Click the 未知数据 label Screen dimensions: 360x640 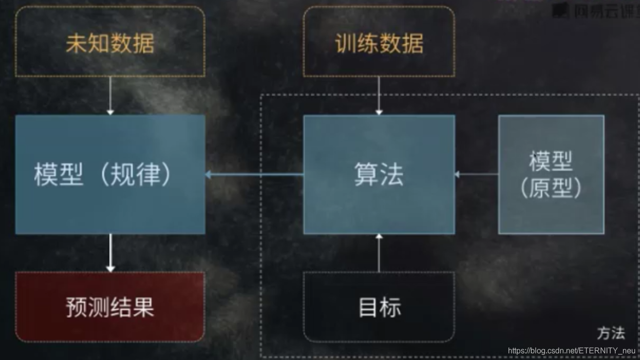click(x=110, y=43)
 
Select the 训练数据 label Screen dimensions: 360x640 click(x=379, y=43)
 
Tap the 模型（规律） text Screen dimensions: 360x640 click(x=103, y=174)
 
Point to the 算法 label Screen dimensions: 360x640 click(x=379, y=174)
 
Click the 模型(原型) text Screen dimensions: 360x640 click(x=551, y=174)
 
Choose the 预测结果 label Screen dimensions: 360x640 click(x=110, y=307)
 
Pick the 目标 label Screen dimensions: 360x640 click(x=379, y=307)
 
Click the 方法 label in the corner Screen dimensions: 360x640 click(x=611, y=333)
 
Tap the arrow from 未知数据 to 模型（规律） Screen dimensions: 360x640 click(x=110, y=95)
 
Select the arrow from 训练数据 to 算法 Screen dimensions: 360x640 click(x=379, y=95)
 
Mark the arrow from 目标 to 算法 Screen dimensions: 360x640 click(x=379, y=253)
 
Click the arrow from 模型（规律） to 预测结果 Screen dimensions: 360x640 click(x=111, y=253)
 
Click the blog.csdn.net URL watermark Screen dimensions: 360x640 click(x=572, y=351)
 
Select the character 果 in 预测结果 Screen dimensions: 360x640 click(x=143, y=307)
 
